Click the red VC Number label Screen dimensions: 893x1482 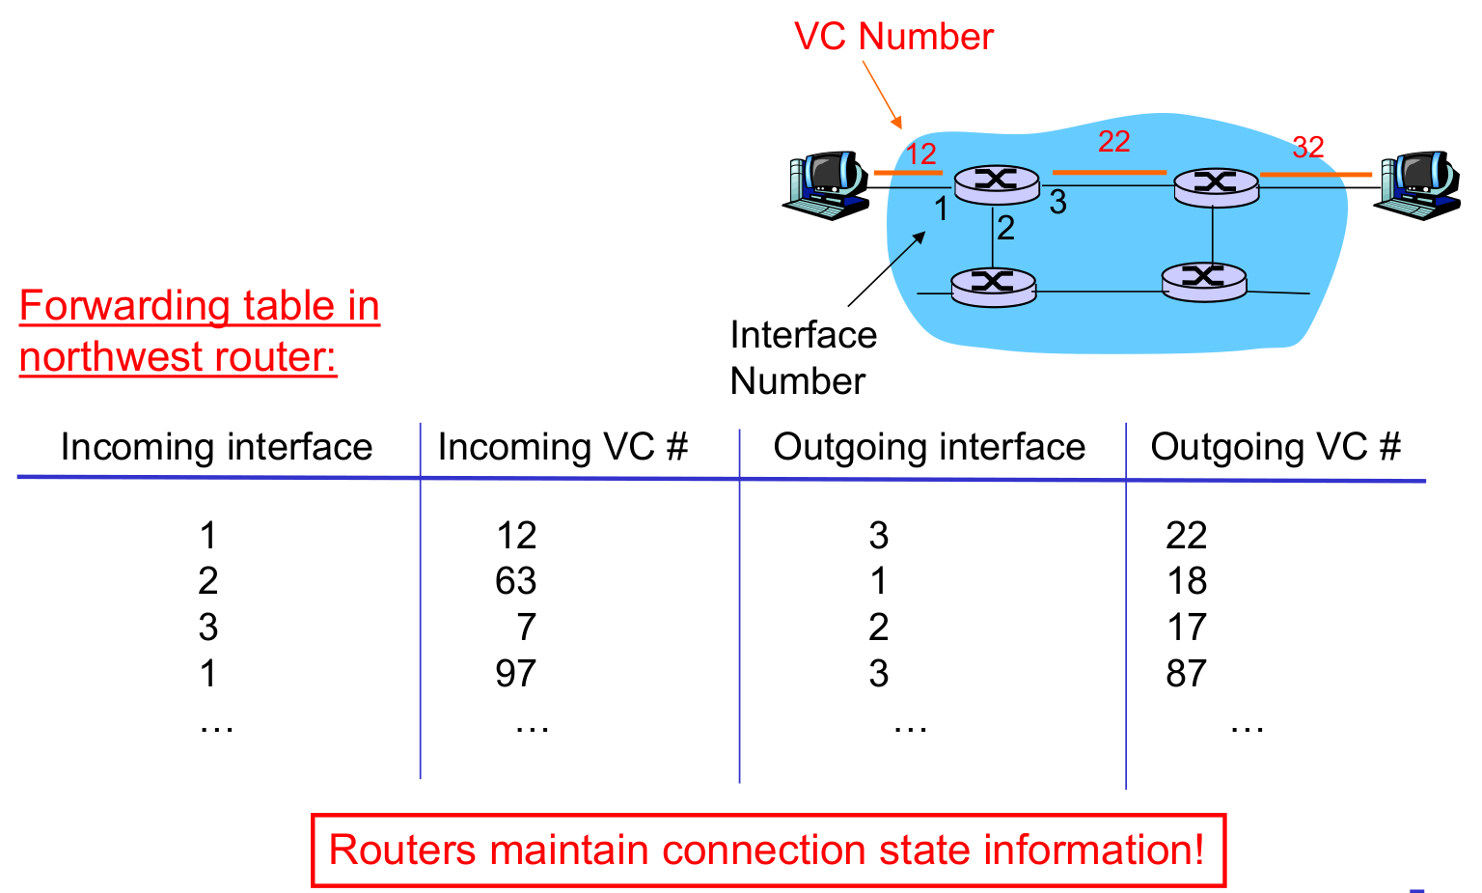click(892, 37)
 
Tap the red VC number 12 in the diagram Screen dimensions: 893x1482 click(920, 153)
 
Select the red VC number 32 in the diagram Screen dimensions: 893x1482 click(1307, 148)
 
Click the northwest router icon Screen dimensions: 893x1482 click(997, 183)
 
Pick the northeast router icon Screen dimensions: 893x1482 click(1216, 185)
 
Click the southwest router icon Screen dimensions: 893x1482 click(993, 286)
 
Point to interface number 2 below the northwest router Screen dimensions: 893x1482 click(1005, 228)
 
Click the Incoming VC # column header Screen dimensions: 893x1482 click(563, 447)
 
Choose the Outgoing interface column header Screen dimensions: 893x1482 click(929, 447)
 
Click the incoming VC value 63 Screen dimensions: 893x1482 click(515, 581)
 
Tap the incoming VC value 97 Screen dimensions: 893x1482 click(515, 674)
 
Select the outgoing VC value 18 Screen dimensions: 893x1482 click(1186, 581)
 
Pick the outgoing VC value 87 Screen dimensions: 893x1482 click(1186, 674)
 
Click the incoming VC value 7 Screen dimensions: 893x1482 click(526, 628)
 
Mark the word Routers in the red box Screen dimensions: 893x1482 click(402, 851)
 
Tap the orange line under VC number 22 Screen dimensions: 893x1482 click(1109, 173)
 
